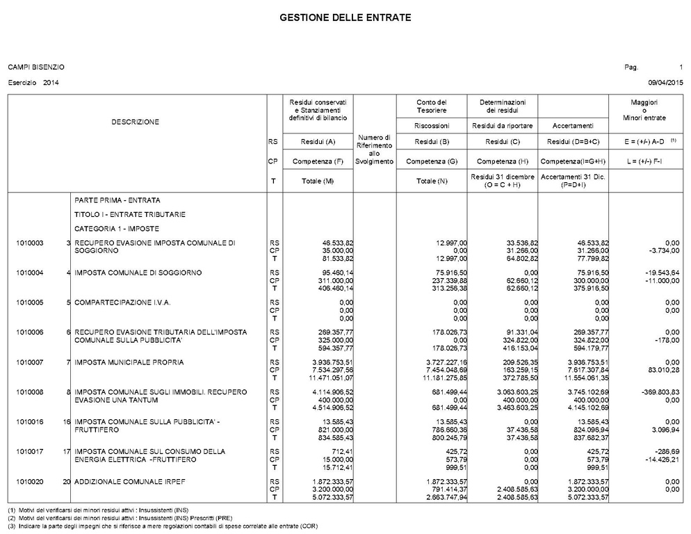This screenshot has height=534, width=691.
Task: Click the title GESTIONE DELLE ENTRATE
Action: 345,16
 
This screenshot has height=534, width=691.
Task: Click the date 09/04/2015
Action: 665,83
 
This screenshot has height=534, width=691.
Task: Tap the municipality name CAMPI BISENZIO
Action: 36,67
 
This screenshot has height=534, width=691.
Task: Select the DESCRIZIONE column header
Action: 136,122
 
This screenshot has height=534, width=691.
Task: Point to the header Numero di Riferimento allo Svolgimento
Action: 374,149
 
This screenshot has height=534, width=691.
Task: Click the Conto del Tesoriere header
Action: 432,106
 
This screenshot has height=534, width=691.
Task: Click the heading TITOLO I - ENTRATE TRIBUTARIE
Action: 120,214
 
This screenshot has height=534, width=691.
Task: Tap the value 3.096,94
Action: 662,430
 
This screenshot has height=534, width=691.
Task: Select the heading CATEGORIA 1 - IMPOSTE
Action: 117,229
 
